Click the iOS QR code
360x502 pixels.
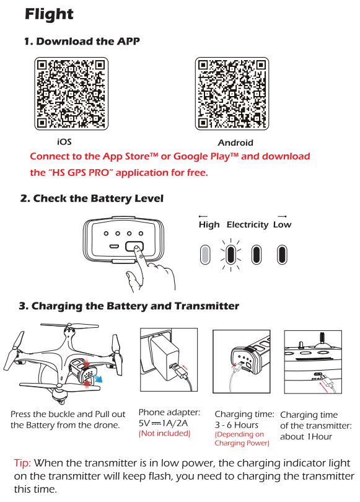coord(71,94)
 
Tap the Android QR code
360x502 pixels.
coord(232,94)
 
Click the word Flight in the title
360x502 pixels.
coord(49,14)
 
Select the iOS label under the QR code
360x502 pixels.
coord(64,142)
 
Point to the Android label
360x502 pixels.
coord(235,143)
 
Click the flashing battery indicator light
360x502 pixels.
coord(230,255)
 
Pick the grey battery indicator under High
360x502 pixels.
coord(205,255)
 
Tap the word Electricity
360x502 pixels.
coord(247,225)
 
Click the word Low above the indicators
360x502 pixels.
coord(282,224)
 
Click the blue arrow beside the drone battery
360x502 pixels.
coord(98,379)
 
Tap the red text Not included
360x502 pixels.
coord(164,433)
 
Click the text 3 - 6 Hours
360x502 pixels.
coord(237,425)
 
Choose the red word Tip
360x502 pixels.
coord(22,463)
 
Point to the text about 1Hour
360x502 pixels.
coord(306,437)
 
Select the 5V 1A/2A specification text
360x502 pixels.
coord(163,423)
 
